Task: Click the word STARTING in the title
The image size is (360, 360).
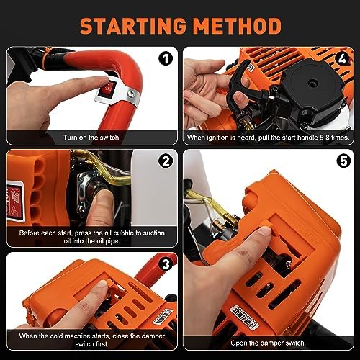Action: click(133, 26)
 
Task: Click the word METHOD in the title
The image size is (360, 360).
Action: click(238, 26)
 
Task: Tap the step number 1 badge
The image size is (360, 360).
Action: click(166, 58)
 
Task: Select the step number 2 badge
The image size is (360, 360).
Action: click(166, 161)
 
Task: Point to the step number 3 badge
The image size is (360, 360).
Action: click(166, 264)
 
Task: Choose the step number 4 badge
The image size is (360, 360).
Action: click(342, 58)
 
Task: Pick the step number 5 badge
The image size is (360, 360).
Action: click(343, 161)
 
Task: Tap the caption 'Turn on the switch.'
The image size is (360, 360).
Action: click(92, 138)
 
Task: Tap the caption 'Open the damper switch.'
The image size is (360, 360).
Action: click(268, 343)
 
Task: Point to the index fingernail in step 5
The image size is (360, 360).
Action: click(264, 232)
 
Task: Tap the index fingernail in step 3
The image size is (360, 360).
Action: click(103, 284)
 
